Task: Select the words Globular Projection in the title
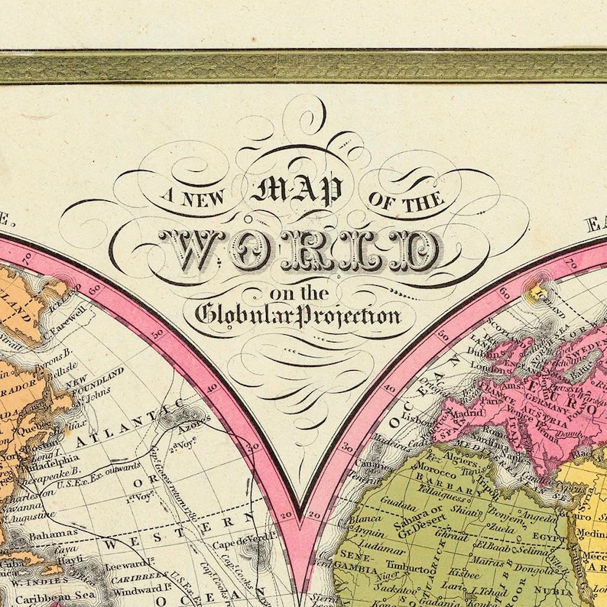coord(298,314)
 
